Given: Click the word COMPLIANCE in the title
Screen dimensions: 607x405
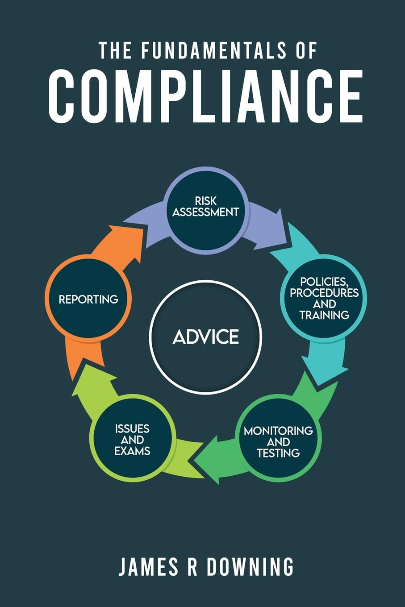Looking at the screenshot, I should pyautogui.click(x=205, y=96).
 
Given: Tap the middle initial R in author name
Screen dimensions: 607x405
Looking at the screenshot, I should pyautogui.click(x=188, y=566).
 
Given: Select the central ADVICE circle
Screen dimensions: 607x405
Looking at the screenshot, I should pyautogui.click(x=205, y=337).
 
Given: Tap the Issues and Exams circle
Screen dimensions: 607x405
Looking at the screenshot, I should pyautogui.click(x=132, y=440).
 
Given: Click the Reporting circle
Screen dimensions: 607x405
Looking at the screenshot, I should pyautogui.click(x=88, y=299).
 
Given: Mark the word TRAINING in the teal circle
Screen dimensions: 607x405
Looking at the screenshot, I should pyautogui.click(x=324, y=315).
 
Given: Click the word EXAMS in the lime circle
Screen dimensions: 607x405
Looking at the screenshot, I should pyautogui.click(x=132, y=451).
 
